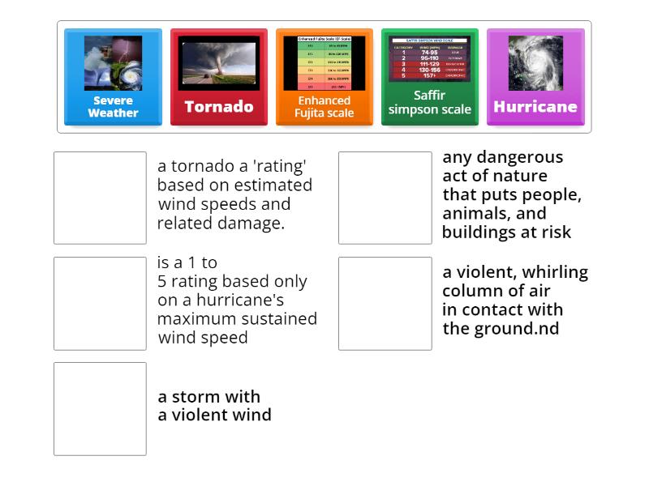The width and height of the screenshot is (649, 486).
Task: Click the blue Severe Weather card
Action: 113,78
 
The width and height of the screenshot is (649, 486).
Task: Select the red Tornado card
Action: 218,78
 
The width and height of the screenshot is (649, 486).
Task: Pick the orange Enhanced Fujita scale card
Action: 324,78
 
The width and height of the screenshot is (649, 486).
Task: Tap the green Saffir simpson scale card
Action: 429,78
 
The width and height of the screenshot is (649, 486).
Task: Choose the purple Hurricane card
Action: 535,78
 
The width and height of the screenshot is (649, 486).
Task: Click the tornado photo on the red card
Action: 218,63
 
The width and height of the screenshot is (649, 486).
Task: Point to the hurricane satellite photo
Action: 535,63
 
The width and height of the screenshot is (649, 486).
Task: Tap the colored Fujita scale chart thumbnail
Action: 324,63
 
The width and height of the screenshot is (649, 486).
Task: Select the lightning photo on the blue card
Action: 113,63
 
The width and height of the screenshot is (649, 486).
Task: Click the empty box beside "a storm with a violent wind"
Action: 100,409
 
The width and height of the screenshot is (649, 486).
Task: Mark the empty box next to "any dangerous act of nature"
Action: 385,198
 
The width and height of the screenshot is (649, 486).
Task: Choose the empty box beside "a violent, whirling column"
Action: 385,304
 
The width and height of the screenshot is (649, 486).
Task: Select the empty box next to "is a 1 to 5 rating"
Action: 100,304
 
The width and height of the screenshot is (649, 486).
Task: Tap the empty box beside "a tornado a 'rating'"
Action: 100,198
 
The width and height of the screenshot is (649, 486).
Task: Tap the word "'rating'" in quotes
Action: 281,166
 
